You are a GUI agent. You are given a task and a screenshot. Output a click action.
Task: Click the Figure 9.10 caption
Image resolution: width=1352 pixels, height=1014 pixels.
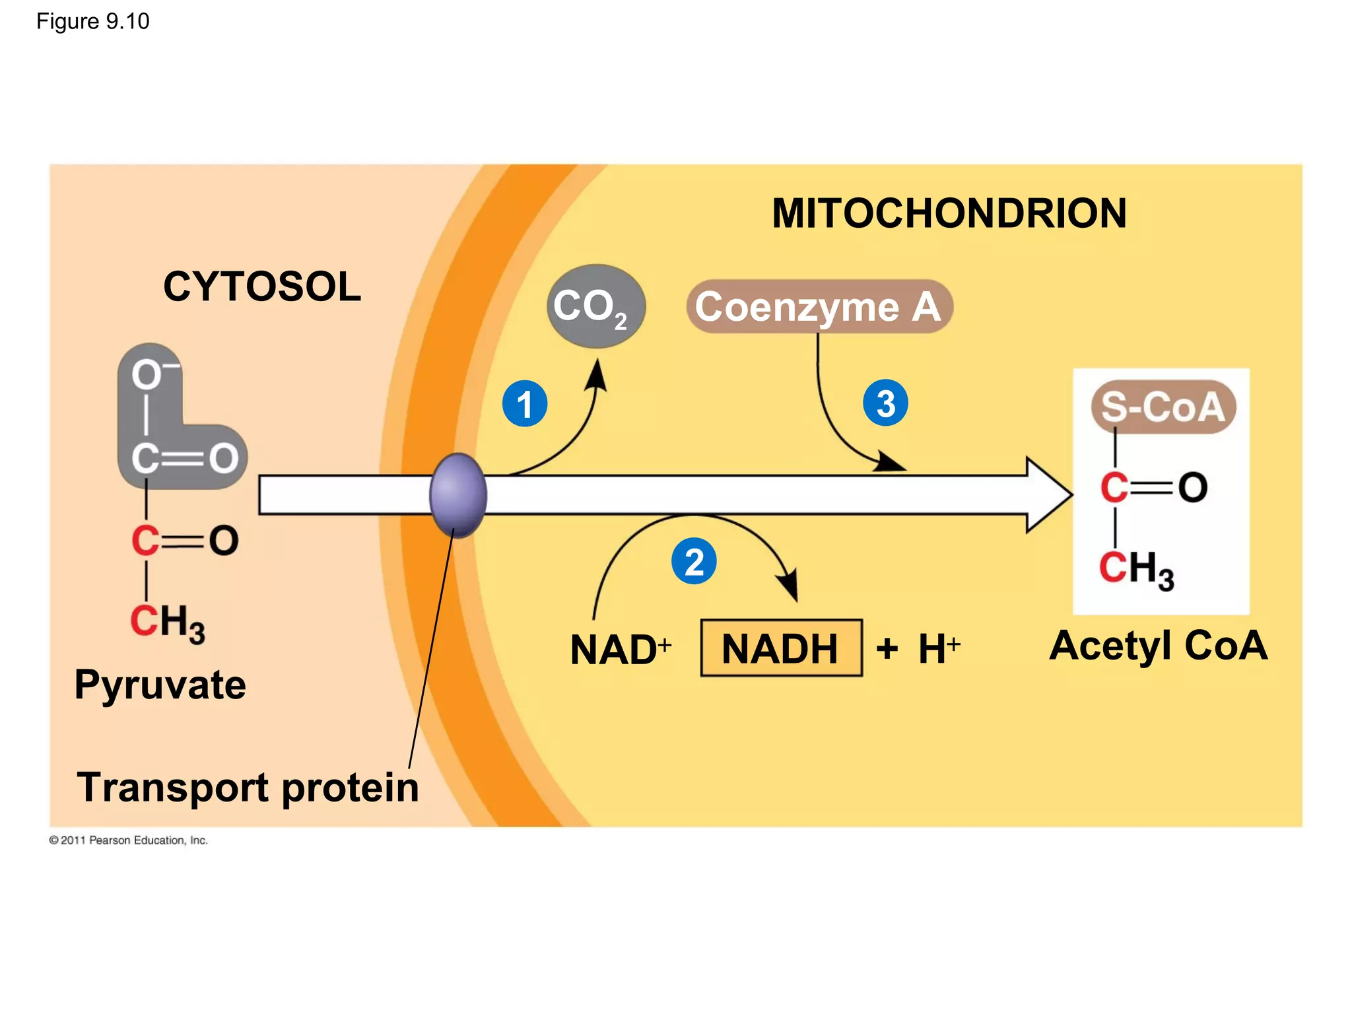tap(92, 21)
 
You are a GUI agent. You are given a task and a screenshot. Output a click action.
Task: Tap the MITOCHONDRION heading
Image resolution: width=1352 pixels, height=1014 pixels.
tap(949, 213)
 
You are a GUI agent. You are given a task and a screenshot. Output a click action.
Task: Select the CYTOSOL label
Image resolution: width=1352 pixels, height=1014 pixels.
tap(262, 287)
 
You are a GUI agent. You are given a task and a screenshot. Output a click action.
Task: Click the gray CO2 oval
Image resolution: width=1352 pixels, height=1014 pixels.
tap(595, 306)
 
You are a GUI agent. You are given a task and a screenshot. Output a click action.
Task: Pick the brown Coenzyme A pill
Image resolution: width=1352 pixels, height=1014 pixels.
tap(819, 306)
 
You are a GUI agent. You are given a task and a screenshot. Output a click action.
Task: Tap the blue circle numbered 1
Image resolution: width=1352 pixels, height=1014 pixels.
tap(525, 403)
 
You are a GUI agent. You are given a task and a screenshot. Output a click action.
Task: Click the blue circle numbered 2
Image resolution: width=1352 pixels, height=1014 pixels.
tap(694, 562)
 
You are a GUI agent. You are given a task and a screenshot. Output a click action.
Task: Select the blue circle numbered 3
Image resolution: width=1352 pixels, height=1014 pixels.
tap(885, 403)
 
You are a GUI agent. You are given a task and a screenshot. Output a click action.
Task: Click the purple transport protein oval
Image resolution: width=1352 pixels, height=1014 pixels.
tap(458, 495)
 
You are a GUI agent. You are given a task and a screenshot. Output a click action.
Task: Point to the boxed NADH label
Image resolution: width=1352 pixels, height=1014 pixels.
tap(781, 648)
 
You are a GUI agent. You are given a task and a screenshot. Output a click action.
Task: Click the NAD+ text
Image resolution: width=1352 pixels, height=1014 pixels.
tap(620, 650)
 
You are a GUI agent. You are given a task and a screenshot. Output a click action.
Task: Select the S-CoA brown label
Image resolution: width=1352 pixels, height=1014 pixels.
tap(1163, 407)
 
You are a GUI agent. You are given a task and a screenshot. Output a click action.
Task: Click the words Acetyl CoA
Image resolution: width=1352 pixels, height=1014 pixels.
tap(1158, 645)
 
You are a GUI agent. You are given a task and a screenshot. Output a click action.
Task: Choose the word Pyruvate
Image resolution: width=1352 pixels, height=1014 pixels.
tap(160, 685)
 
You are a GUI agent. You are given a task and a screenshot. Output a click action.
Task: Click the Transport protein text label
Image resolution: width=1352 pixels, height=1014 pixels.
tap(248, 787)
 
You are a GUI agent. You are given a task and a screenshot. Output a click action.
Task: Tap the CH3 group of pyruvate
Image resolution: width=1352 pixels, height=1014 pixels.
tap(168, 622)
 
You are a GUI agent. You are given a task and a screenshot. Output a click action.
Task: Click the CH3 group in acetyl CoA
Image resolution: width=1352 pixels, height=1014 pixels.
tap(1136, 569)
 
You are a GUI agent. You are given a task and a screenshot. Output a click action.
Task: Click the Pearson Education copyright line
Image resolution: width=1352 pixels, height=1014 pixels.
tap(129, 840)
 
